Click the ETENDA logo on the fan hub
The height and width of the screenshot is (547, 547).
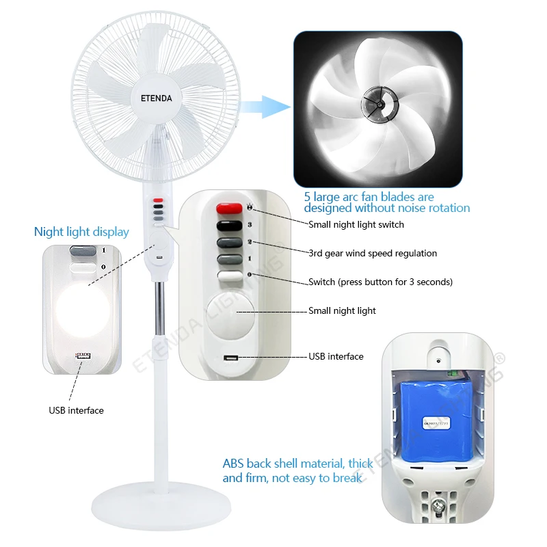point(157,98)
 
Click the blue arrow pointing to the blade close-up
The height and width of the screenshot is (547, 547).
point(264,107)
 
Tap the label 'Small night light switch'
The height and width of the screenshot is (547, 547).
point(356,224)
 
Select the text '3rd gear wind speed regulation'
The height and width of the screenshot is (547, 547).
point(373,253)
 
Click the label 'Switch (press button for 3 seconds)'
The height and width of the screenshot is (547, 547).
point(380,282)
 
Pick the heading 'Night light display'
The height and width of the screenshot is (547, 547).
point(81,232)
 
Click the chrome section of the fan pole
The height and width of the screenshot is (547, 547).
point(159,304)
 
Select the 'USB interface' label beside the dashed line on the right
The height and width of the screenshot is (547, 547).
point(336,356)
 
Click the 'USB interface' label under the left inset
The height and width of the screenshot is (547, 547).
point(76,410)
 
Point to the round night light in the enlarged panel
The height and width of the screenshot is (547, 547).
point(229,318)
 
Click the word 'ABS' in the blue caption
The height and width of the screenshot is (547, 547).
point(233,463)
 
